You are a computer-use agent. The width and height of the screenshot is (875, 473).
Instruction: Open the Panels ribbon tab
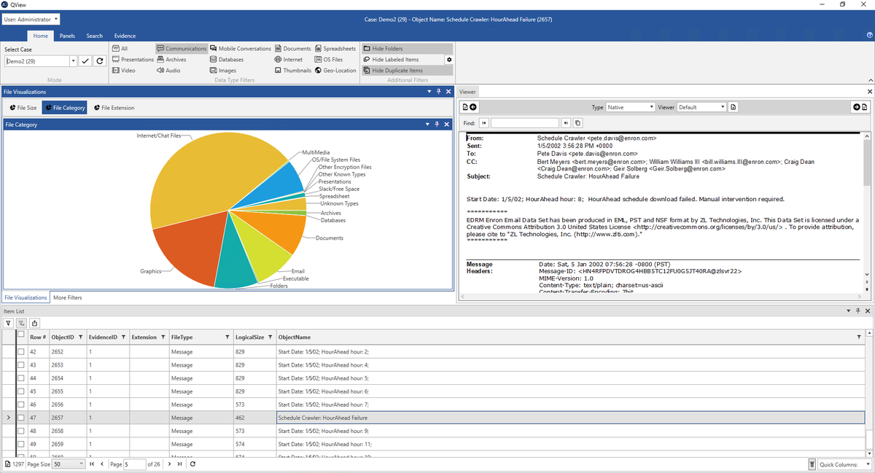[67, 36]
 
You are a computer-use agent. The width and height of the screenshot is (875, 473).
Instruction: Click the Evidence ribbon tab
[125, 36]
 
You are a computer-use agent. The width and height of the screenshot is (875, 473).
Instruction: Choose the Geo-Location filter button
[335, 71]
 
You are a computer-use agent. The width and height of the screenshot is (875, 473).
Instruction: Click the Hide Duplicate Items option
[397, 71]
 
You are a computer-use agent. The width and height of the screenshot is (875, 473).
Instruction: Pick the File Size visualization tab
[23, 108]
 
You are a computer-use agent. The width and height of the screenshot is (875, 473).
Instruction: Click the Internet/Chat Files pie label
[158, 136]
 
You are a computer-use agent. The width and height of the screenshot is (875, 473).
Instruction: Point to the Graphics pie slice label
[151, 271]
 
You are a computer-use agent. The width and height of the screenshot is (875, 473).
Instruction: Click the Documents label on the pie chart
[329, 238]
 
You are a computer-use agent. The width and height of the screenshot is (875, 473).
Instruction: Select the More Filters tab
[67, 297]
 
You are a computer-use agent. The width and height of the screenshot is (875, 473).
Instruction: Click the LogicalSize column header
[249, 337]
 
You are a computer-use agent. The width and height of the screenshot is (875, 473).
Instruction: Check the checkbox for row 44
[21, 378]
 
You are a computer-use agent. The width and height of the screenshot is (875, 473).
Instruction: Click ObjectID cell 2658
[58, 431]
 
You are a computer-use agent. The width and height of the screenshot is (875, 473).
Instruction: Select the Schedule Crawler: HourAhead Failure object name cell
[323, 418]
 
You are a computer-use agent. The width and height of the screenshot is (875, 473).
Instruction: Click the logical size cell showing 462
[240, 418]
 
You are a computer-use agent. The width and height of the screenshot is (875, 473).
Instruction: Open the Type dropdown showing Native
[631, 107]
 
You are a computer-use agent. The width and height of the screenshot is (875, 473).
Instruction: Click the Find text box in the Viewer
[524, 123]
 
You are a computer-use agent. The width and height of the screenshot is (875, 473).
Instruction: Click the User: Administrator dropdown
[31, 19]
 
